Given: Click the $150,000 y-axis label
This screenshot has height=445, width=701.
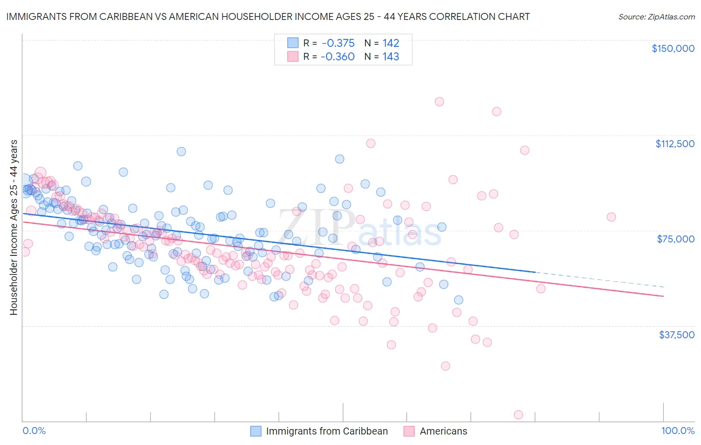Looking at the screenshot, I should [673, 48].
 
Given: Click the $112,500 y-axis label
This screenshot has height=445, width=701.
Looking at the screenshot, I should [675, 144].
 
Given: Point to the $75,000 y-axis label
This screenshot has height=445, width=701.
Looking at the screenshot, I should [676, 239].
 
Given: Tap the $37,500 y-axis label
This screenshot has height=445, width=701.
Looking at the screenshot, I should [676, 335].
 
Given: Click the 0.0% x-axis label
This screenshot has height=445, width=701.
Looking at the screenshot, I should [34, 431].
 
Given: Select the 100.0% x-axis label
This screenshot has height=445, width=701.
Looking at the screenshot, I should [678, 431].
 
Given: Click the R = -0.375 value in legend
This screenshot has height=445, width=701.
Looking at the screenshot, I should [329, 43].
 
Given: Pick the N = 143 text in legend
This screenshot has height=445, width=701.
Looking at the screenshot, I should [382, 56].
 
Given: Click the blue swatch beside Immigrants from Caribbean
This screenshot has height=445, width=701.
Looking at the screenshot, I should [256, 431].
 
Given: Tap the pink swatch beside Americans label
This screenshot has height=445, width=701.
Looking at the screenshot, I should [409, 431].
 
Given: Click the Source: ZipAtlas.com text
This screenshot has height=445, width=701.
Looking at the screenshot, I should [656, 16].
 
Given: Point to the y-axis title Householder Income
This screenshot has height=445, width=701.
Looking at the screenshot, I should [13, 227].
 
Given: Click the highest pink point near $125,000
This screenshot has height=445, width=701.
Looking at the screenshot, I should [439, 102].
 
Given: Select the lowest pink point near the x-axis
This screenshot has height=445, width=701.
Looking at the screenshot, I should [519, 415].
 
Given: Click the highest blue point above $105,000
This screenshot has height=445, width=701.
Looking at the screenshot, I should [181, 151].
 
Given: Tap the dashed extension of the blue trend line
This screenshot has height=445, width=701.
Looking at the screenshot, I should [598, 279].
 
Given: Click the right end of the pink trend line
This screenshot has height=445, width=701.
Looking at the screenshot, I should [662, 296].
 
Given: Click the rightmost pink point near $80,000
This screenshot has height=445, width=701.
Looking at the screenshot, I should [611, 217].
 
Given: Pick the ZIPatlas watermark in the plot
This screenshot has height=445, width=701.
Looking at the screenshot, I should [359, 227].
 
